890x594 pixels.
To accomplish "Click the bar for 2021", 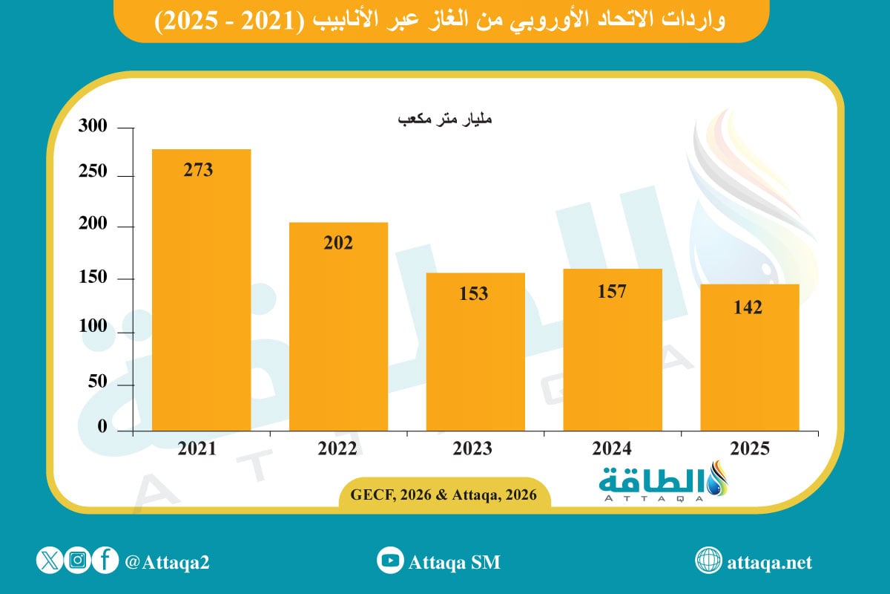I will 201,290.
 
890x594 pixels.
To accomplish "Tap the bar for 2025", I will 749,357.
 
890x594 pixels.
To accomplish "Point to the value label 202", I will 338,242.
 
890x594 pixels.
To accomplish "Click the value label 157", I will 612,291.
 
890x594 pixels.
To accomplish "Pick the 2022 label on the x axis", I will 337,448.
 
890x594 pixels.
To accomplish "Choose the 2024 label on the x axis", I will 612,448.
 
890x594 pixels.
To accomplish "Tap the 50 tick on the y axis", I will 97,382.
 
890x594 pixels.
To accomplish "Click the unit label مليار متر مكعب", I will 445,120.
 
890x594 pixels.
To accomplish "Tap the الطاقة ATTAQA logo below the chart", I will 665,483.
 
